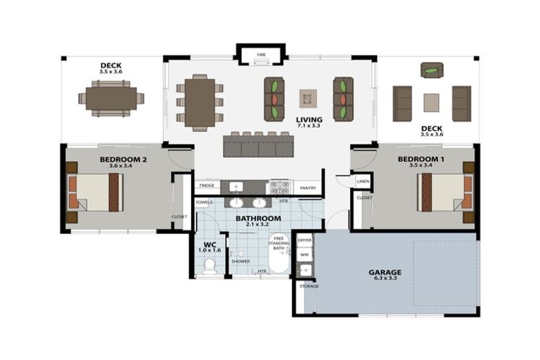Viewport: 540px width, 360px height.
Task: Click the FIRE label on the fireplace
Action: (x=261, y=54)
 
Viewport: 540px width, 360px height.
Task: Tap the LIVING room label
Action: (x=309, y=120)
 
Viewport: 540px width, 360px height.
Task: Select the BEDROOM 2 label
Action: (x=123, y=160)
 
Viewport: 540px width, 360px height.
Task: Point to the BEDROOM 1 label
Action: (x=420, y=160)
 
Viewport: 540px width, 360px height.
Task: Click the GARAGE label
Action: (x=385, y=272)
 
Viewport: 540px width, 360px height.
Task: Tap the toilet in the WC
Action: (x=209, y=266)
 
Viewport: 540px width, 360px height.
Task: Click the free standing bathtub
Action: (x=279, y=253)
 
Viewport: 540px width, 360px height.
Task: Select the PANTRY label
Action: (x=307, y=188)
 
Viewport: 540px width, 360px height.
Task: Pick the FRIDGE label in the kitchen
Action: (x=206, y=186)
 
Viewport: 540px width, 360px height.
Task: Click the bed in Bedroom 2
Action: (x=95, y=192)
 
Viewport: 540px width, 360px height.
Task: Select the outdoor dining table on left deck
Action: (x=110, y=98)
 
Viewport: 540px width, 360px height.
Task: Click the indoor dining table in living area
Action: (x=200, y=102)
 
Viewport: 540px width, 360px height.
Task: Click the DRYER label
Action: (x=304, y=240)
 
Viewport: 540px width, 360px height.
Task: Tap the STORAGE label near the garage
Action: (x=309, y=286)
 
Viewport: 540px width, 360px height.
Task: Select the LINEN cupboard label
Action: (x=363, y=181)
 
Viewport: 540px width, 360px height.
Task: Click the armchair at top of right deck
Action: (x=432, y=70)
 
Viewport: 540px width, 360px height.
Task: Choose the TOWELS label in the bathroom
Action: (x=204, y=202)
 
